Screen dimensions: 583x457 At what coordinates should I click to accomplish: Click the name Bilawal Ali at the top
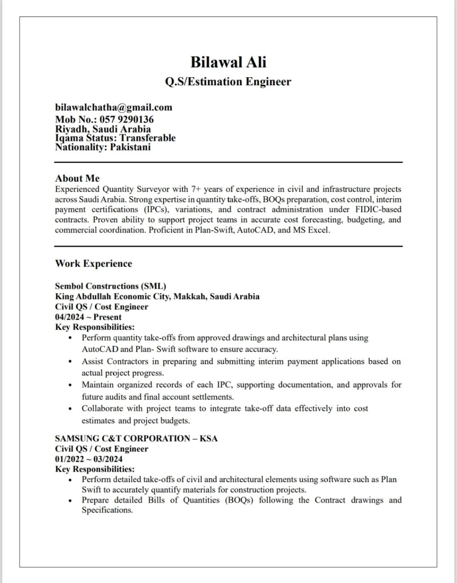(228, 62)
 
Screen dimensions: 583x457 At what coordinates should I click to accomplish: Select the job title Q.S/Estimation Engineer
(228, 82)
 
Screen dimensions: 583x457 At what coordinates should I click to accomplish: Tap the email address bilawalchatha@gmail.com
(113, 107)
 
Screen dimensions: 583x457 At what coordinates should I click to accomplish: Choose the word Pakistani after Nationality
(130, 147)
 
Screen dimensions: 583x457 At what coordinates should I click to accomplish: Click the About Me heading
(77, 178)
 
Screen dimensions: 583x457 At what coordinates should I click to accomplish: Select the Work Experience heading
(93, 263)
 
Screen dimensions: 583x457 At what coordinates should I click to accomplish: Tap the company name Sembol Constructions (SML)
(110, 286)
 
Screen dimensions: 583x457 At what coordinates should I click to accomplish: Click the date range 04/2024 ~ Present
(88, 317)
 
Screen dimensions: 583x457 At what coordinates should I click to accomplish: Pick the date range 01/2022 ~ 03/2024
(88, 459)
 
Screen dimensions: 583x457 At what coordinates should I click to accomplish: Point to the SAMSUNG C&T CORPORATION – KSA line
(136, 438)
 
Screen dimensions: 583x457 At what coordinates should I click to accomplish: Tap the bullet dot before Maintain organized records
(71, 385)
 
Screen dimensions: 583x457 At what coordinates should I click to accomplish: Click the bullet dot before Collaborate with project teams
(71, 409)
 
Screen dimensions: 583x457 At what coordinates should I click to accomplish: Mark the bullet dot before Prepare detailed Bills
(71, 500)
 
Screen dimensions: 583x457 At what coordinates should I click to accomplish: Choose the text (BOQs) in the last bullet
(239, 500)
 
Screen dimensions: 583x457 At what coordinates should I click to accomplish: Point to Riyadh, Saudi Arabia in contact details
(103, 129)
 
